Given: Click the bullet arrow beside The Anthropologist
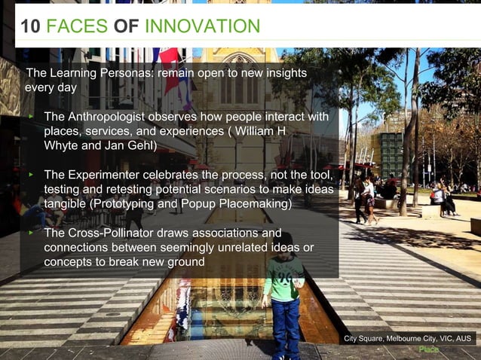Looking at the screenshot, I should click(x=31, y=117).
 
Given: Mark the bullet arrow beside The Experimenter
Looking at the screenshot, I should click(x=31, y=175).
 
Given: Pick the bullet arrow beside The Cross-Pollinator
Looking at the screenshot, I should click(x=31, y=233).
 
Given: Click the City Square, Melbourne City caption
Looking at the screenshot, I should click(x=408, y=339).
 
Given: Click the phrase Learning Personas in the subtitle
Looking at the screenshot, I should click(x=92, y=73).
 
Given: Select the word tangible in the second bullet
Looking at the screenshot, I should click(x=67, y=203).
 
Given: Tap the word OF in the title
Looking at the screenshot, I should click(x=126, y=27).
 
